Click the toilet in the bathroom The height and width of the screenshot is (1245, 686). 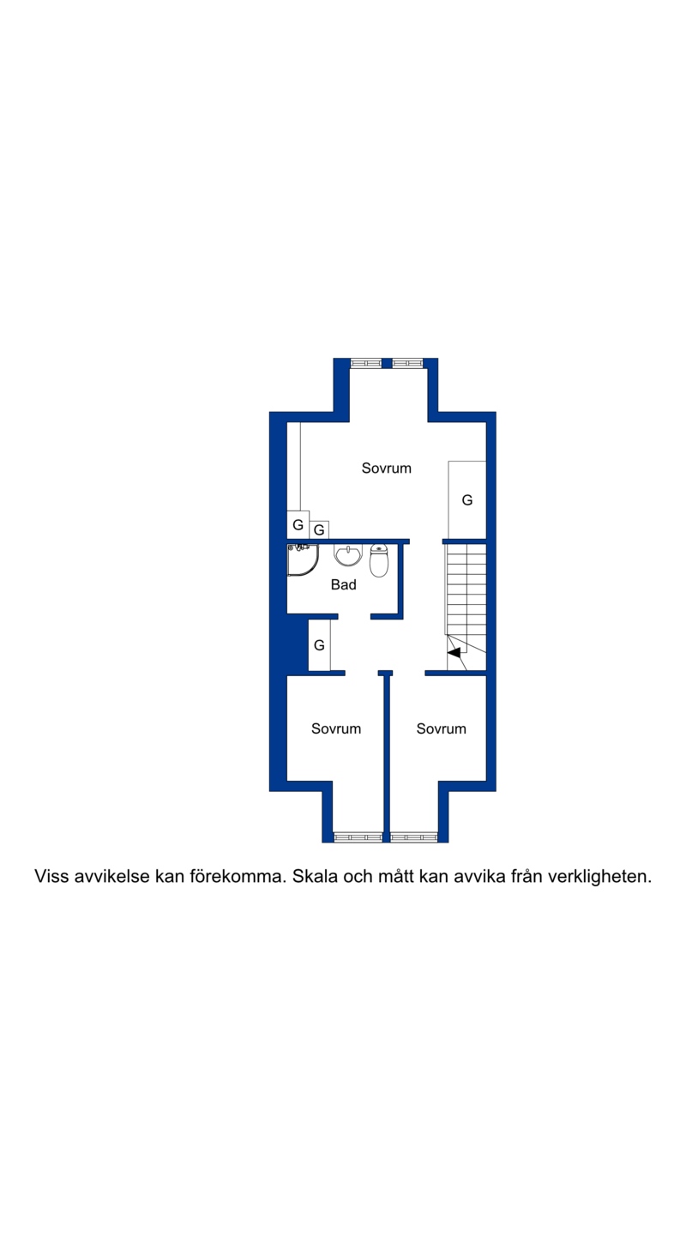tap(379, 561)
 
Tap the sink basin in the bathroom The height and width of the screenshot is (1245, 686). tap(348, 555)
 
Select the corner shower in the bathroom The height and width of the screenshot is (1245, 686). tap(303, 559)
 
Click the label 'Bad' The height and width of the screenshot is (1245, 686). tap(343, 584)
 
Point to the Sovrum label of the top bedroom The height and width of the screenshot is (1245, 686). tap(387, 468)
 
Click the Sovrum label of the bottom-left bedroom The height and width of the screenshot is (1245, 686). tap(336, 728)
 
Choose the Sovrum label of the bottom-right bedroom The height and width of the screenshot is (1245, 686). tap(442, 728)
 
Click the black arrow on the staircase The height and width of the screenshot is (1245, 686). tap(454, 652)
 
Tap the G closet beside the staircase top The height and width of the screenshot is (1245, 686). tap(467, 499)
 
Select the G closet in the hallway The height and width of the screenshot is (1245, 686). tap(319, 645)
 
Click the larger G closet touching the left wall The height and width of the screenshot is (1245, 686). tap(298, 524)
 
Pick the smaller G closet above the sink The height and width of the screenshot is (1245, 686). tap(319, 530)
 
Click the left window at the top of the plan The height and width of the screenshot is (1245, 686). tap(367, 363)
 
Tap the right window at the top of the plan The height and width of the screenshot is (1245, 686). tap(407, 363)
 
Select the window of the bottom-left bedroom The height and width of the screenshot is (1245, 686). tap(358, 837)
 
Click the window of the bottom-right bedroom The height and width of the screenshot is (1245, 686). tap(414, 837)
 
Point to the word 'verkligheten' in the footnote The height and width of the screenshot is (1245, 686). tap(599, 877)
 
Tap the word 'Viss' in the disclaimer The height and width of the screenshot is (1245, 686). tap(52, 877)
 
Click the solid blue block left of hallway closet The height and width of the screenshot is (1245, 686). tap(298, 644)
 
